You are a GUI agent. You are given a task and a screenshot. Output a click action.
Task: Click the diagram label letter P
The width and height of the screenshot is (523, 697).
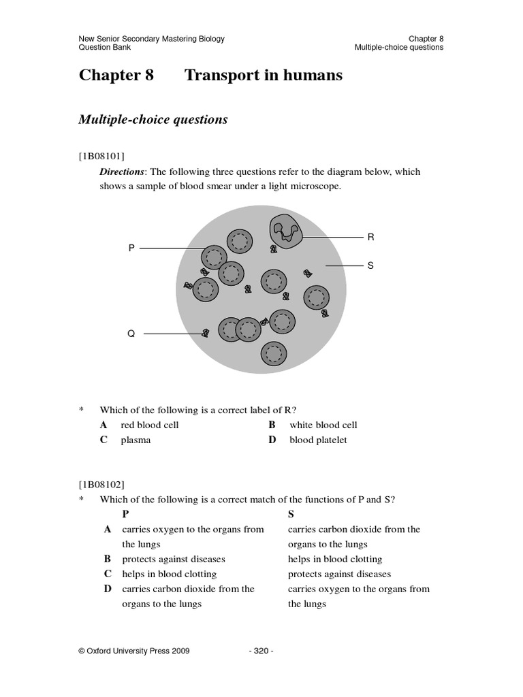[132, 249]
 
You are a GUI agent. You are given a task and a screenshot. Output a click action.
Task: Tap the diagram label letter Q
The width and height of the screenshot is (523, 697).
[131, 334]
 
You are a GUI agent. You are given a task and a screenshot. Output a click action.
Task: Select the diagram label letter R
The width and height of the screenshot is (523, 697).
[370, 237]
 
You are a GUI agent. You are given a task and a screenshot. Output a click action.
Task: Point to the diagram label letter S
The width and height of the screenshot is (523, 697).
[370, 265]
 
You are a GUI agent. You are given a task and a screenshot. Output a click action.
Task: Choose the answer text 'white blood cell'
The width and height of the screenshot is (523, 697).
[323, 425]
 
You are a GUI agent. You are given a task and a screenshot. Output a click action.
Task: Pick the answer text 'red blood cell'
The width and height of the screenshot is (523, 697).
[150, 425]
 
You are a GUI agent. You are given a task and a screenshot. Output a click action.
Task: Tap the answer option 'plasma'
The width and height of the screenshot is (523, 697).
[136, 440]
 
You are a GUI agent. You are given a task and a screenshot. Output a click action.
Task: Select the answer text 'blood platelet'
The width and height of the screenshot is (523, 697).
[318, 440]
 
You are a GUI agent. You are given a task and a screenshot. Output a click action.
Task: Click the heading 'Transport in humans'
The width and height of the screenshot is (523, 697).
[264, 76]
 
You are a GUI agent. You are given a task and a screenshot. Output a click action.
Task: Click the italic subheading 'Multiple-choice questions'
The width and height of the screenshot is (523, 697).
[153, 120]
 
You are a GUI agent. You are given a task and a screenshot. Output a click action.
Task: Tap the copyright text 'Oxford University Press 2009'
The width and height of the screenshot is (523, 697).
[134, 651]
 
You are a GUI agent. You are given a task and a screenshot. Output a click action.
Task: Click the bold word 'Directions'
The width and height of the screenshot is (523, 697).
[123, 172]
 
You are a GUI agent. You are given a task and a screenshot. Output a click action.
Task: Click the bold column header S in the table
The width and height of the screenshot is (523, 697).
[291, 515]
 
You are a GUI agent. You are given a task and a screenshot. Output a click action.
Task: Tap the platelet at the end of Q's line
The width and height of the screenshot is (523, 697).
[205, 334]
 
